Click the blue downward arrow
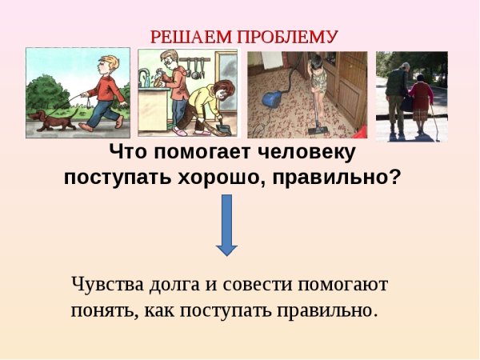[227, 225]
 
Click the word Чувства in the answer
[105, 285]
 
